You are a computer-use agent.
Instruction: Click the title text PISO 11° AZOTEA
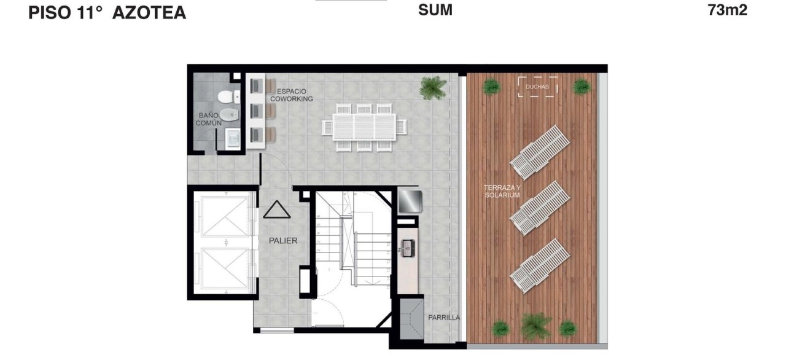click(x=107, y=13)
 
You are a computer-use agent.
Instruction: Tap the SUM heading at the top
click(x=435, y=10)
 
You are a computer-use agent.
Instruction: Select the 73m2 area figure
click(x=728, y=10)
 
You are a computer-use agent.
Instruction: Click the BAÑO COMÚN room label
click(x=208, y=119)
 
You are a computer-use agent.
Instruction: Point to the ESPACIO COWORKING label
click(x=292, y=95)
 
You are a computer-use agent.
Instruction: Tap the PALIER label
click(x=283, y=241)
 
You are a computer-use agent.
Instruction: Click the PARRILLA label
click(x=444, y=318)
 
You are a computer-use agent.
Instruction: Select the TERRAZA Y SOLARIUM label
click(x=502, y=191)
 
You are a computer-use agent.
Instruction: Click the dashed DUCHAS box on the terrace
click(x=537, y=87)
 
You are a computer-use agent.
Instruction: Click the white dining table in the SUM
click(x=364, y=127)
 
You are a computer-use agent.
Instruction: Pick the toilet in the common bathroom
click(x=229, y=97)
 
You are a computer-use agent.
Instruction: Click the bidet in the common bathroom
click(x=229, y=114)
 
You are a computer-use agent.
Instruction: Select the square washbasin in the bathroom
click(x=233, y=139)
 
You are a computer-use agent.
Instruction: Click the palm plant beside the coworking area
click(x=434, y=87)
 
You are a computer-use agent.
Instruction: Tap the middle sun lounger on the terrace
click(x=540, y=208)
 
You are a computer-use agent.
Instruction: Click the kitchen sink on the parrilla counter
click(x=408, y=248)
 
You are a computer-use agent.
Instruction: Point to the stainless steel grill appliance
click(x=410, y=201)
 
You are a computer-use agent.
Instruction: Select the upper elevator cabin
click(x=225, y=216)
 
